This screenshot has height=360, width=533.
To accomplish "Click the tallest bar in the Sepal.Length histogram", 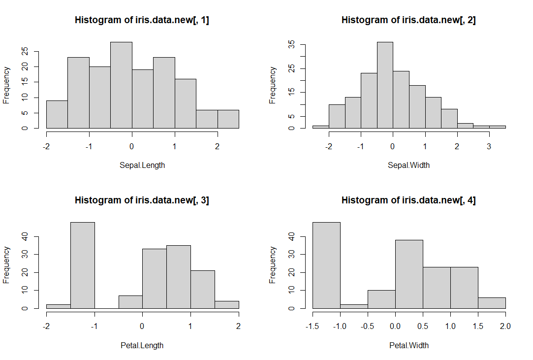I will tap(121, 85).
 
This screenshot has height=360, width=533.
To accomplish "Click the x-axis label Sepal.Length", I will tap(142, 165).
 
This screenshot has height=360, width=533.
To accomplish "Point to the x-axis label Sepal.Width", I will tap(409, 165).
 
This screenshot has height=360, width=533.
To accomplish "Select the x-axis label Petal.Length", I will tap(142, 345).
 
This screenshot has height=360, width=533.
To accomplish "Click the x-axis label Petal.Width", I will tap(409, 345).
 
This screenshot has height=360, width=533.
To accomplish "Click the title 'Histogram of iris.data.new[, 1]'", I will tap(142, 20).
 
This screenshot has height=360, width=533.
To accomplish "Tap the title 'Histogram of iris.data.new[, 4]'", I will tap(409, 200).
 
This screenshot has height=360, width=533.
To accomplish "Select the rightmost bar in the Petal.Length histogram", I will tap(227, 305).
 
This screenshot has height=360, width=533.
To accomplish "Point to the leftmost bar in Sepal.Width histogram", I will tap(320, 127).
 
